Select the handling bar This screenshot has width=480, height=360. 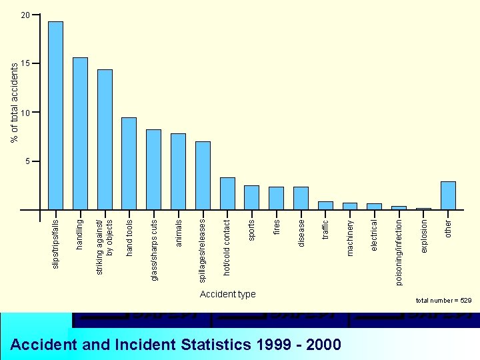point(80,133)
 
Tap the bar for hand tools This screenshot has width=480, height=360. point(129,163)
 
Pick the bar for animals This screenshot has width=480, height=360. point(178,171)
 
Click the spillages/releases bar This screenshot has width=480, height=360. point(203,175)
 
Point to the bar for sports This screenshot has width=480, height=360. point(251,197)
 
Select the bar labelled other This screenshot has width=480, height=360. point(448,195)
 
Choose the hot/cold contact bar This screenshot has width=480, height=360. point(227,193)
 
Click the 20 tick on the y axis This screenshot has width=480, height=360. point(25,15)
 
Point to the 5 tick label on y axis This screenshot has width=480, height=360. point(27,161)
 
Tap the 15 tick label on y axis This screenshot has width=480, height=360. point(25,63)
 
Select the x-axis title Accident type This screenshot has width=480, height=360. point(227,294)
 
